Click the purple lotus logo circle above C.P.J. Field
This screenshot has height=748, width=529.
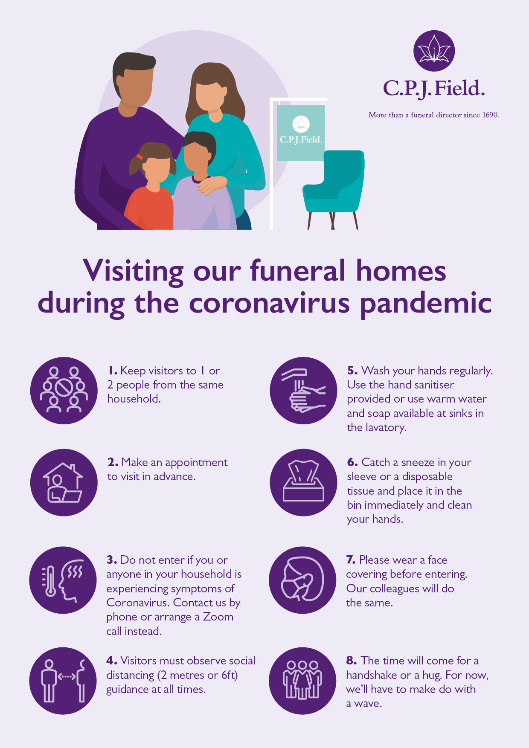pos(434,51)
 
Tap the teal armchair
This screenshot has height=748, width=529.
pos(334,188)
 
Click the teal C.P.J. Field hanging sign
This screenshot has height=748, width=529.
pos(301,133)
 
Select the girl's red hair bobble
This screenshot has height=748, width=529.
pos(139,157)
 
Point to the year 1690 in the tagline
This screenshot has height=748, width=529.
pos(490,115)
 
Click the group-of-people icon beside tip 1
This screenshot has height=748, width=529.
pos(64,391)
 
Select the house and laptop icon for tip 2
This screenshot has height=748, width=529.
pos(64,482)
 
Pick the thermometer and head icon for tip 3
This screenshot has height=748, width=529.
pos(63,580)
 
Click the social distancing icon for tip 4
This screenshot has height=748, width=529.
pos(63,681)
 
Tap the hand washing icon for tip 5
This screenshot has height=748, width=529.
pos(304,391)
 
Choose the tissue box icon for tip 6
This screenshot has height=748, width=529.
pos(304,482)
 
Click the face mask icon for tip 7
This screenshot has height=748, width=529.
pos(303,580)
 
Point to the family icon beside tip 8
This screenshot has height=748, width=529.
pos(303,681)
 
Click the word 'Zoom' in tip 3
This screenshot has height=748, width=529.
pos(218,617)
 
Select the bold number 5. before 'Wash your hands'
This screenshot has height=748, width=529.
pos(352,370)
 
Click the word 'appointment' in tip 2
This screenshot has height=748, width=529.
pos(196,463)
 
